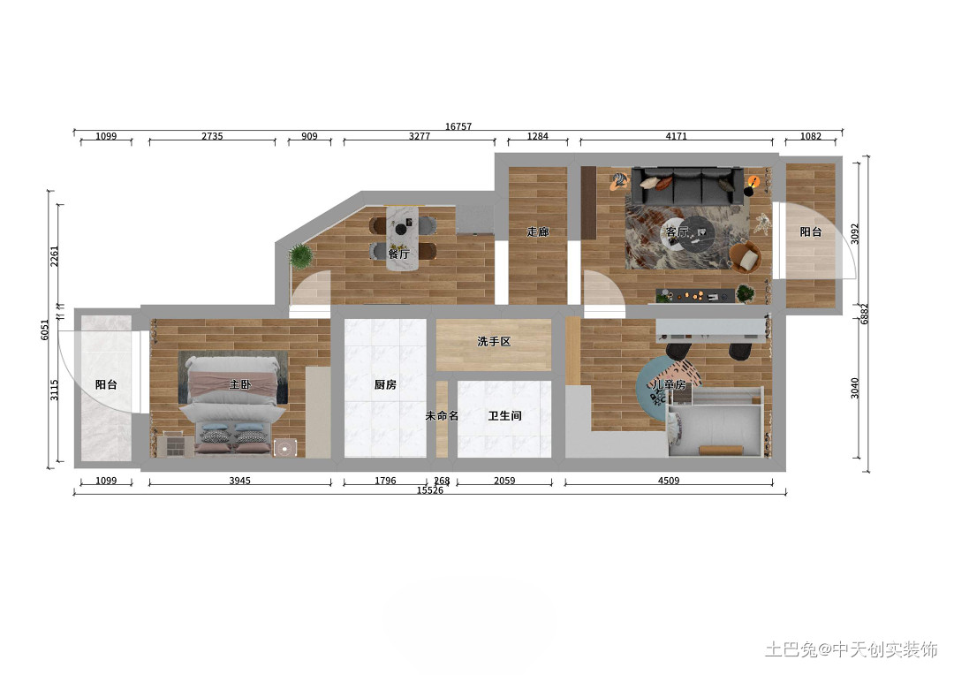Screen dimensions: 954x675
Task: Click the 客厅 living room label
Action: (677, 231)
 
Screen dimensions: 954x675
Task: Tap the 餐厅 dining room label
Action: (398, 254)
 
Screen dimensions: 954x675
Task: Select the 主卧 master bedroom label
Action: (239, 384)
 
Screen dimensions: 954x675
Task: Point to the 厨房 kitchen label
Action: (385, 384)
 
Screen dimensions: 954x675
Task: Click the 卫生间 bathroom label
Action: (504, 416)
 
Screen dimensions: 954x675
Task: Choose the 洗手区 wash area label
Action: (494, 342)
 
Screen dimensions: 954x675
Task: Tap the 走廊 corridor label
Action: (537, 231)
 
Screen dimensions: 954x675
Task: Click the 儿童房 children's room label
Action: (669, 384)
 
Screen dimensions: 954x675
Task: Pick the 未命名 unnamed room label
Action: (442, 416)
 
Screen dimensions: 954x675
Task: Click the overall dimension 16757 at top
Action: (458, 126)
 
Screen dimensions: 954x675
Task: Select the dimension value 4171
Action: (676, 136)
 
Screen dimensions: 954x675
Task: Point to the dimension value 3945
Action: (239, 481)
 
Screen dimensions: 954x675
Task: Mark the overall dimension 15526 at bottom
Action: (430, 490)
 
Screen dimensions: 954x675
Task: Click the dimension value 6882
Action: (865, 314)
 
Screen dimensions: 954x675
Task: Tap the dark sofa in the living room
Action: (686, 186)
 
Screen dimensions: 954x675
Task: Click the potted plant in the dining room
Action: (301, 256)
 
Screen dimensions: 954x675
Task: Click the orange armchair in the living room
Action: (746, 257)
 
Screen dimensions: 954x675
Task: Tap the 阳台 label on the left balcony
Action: (106, 384)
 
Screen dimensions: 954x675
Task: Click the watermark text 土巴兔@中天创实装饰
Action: (852, 649)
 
